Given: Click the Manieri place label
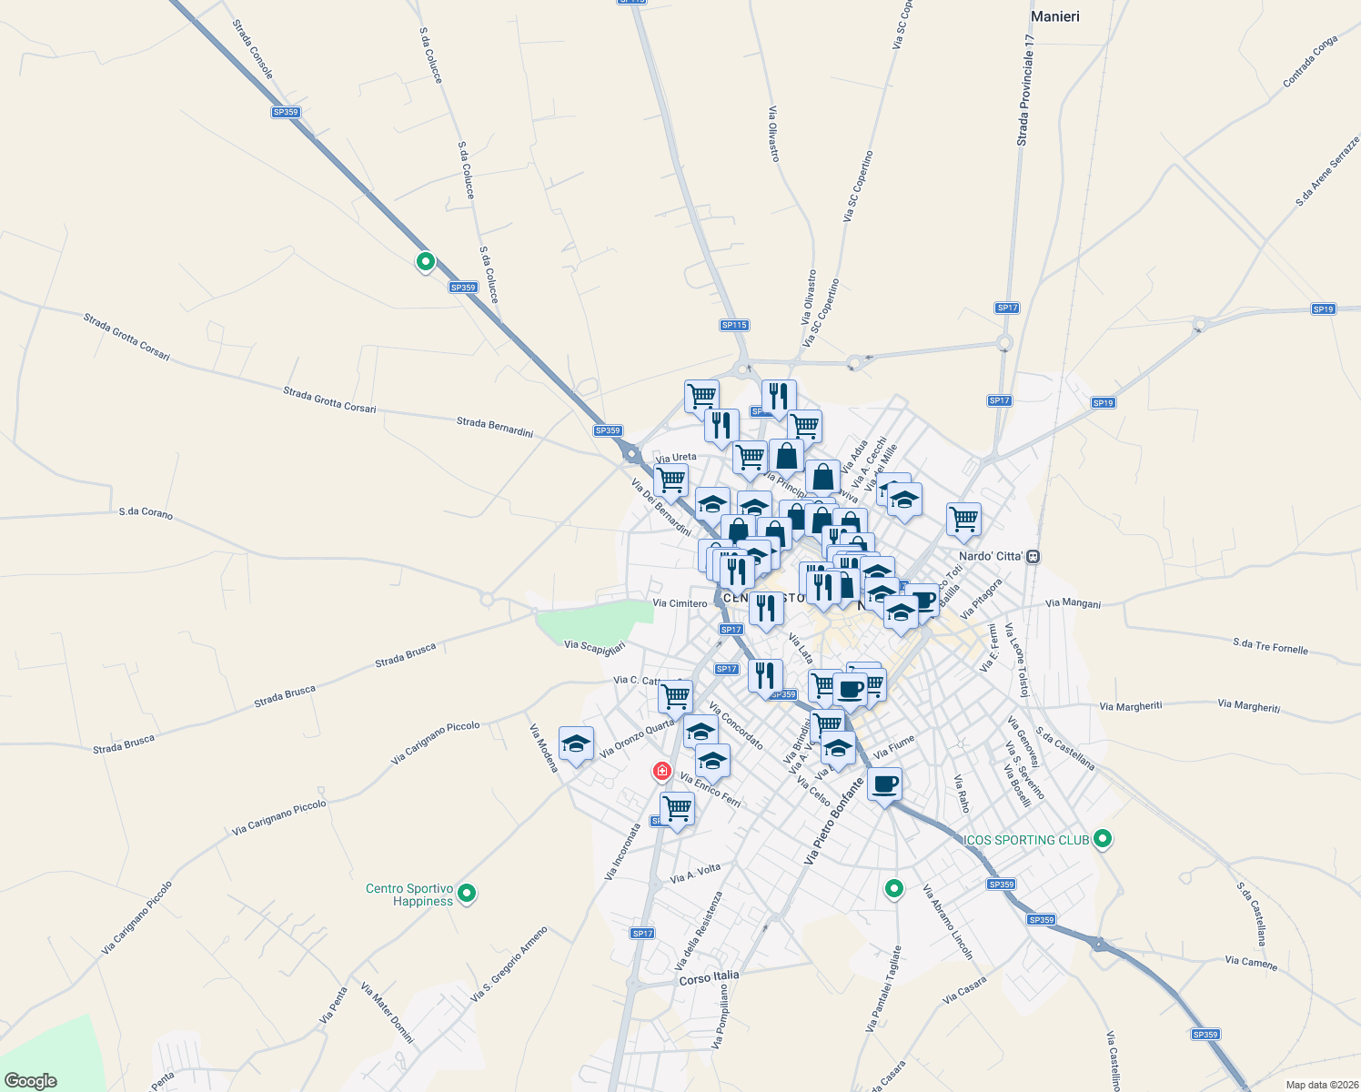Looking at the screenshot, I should (x=1054, y=16).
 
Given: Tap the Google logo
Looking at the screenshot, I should (x=31, y=1081).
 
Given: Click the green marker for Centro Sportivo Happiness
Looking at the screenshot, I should (x=467, y=894).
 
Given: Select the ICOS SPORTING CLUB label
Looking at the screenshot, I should (x=1026, y=840).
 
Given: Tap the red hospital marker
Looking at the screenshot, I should (x=662, y=772).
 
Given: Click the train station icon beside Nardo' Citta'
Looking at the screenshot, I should (x=1033, y=557).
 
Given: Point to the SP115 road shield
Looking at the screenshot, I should (x=733, y=325).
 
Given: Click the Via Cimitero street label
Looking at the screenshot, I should (x=680, y=603).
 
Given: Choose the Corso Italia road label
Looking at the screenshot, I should (x=709, y=977).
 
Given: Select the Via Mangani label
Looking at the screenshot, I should (x=1073, y=603).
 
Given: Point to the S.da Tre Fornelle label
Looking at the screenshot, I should (x=1270, y=646).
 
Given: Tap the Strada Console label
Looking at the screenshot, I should (x=252, y=50).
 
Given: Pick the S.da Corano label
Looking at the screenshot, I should (x=146, y=513).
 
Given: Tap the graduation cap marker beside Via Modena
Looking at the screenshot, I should (x=576, y=744).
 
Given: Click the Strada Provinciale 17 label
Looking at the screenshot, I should (x=1026, y=91).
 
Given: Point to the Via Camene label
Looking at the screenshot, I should (x=1251, y=962).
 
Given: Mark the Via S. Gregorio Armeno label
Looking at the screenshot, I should (x=509, y=965).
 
